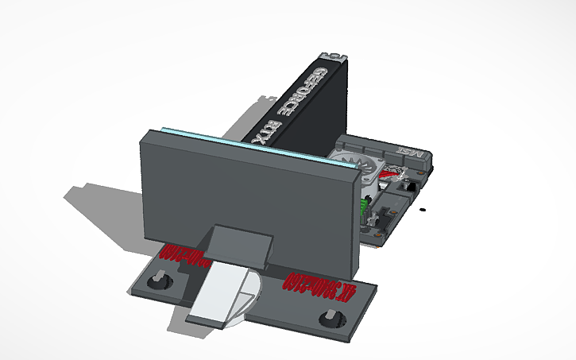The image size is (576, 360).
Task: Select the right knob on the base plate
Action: click(329, 319)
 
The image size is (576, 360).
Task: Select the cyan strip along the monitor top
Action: click(238, 140)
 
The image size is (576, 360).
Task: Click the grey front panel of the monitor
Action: click(238, 191)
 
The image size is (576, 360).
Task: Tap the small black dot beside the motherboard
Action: click(423, 210)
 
